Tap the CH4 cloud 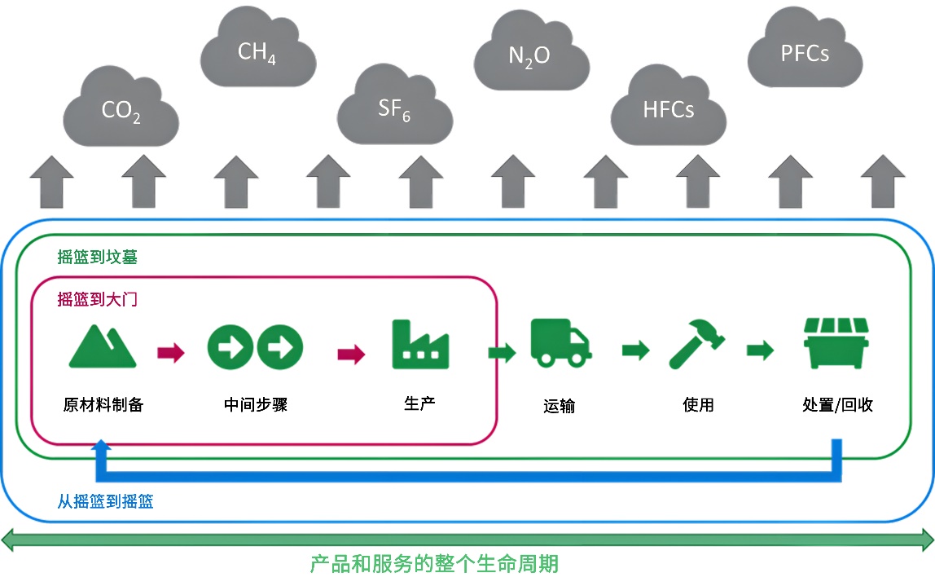pyautogui.click(x=257, y=52)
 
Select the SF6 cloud pyautogui.click(x=394, y=108)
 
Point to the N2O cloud pyautogui.click(x=530, y=55)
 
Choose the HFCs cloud pyautogui.click(x=668, y=109)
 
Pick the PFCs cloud pyautogui.click(x=805, y=54)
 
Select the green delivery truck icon pyautogui.click(x=560, y=342)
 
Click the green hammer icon pyautogui.click(x=697, y=344)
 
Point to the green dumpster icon pyautogui.click(x=836, y=344)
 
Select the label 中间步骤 pyautogui.click(x=256, y=404)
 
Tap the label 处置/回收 pyautogui.click(x=838, y=405)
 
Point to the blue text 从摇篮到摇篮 pyautogui.click(x=105, y=501)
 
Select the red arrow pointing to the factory pyautogui.click(x=351, y=353)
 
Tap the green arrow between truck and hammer pyautogui.click(x=635, y=351)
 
